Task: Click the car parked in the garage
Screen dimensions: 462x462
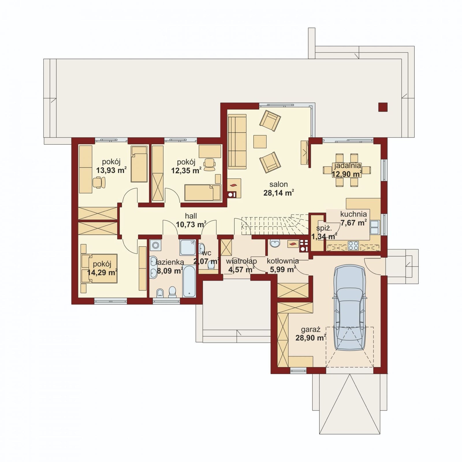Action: pyautogui.click(x=349, y=308)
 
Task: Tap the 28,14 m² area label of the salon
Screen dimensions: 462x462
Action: pyautogui.click(x=279, y=193)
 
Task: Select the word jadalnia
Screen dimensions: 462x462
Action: pyautogui.click(x=348, y=166)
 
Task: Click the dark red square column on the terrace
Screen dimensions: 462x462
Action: pyautogui.click(x=383, y=107)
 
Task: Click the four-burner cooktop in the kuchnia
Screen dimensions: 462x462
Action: pyautogui.click(x=353, y=245)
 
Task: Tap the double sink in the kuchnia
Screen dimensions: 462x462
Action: pyautogui.click(x=375, y=227)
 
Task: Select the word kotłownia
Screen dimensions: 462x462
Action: pyautogui.click(x=283, y=261)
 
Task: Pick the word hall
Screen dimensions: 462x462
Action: pyautogui.click(x=191, y=216)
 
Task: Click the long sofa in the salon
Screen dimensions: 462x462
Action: pyautogui.click(x=237, y=141)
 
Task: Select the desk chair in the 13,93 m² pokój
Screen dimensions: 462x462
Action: pyautogui.click(x=99, y=182)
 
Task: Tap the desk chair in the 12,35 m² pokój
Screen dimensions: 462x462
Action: pyautogui.click(x=210, y=164)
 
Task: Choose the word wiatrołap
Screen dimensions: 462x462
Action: pyautogui.click(x=241, y=261)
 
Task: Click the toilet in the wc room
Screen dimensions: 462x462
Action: pyautogui.click(x=211, y=264)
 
